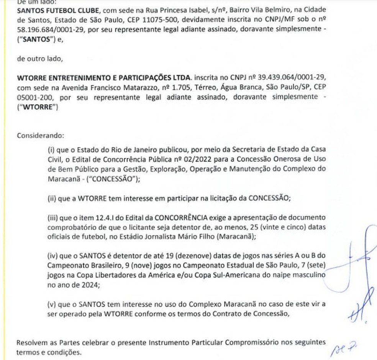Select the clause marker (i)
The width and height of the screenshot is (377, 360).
[x=51, y=149]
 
